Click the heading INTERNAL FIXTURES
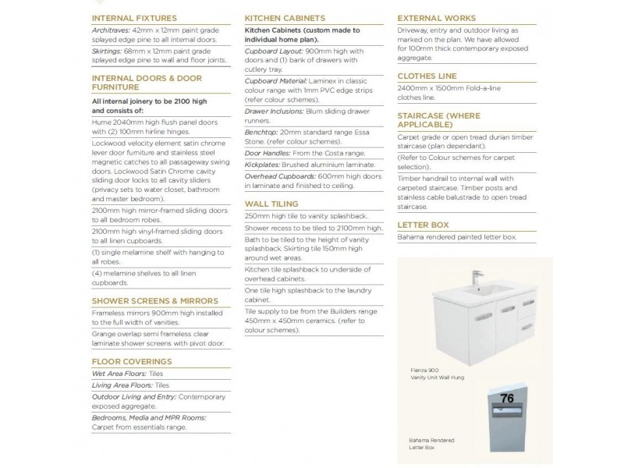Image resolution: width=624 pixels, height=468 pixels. pos(134,17)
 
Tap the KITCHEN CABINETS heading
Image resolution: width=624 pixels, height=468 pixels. pos(285,17)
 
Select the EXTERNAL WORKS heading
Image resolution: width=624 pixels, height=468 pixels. pos(437,17)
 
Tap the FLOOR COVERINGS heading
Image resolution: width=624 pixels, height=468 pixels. pos(131,362)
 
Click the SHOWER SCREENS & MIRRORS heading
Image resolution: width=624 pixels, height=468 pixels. pos(155,300)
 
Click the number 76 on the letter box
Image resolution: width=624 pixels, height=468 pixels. pos(507,399)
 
